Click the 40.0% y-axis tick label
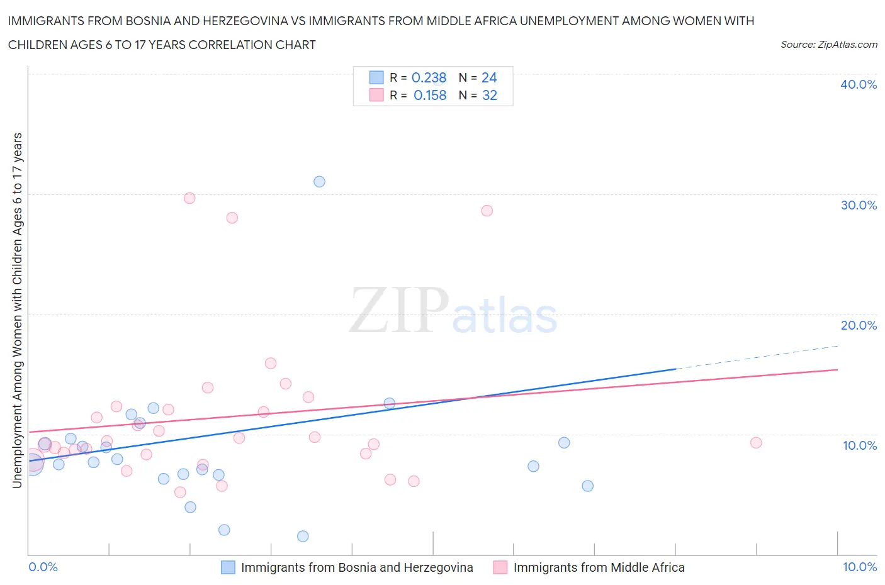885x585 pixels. pos(858,84)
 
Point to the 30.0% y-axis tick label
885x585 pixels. pos(858,205)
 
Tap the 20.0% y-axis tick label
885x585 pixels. pos(858,325)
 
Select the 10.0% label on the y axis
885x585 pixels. pos(859,445)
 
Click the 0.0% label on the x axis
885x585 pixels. pos(43,567)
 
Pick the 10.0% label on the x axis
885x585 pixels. pos(859,567)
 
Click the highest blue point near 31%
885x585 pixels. pos(319,182)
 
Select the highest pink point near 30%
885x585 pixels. pos(189,198)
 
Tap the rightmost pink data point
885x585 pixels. pos(756,443)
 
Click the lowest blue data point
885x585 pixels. pos(303,537)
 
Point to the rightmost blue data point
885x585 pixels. pos(587,486)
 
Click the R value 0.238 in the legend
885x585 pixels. pos(429,77)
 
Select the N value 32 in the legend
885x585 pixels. pos(489,96)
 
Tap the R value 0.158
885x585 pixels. pos(430,96)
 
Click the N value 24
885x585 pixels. pos(489,77)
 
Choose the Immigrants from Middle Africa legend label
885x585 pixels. pos(599,567)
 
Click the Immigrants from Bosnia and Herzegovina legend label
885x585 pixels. pos(357,567)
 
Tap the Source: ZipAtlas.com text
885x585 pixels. pos(828,45)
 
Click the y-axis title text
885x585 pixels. pos(17,310)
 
